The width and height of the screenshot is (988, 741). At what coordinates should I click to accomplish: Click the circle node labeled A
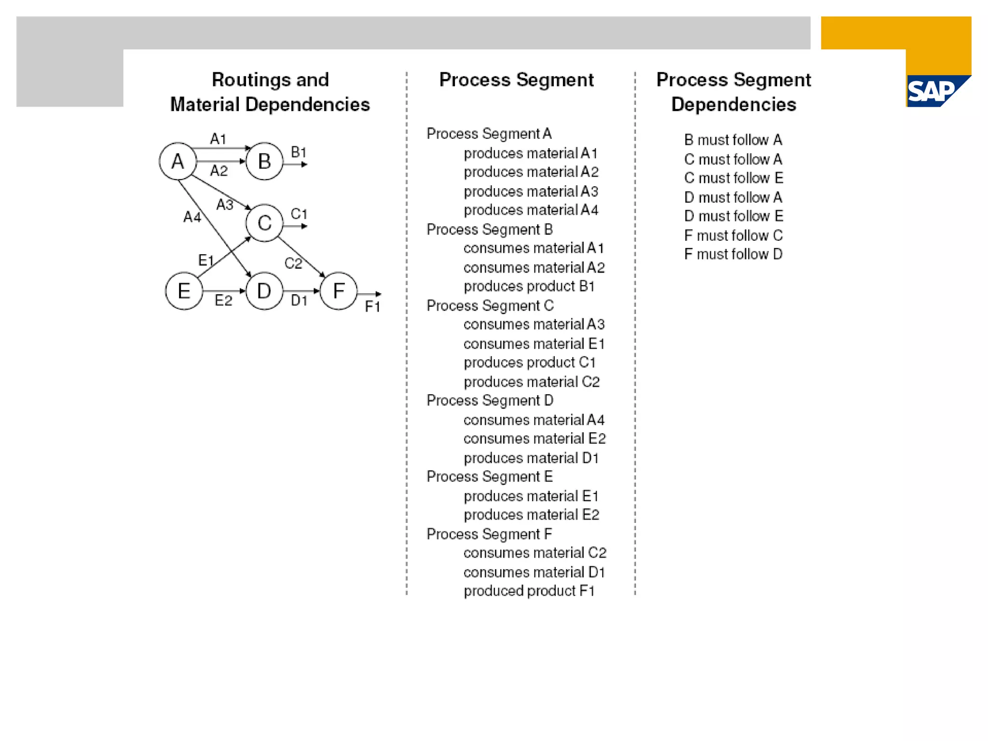click(178, 161)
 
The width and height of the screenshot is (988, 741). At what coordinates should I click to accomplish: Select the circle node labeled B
click(264, 161)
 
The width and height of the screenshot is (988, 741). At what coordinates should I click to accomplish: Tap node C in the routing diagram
click(264, 223)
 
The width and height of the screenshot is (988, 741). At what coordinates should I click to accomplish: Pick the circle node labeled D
click(264, 291)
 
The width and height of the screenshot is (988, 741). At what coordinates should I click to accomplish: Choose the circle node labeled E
click(184, 291)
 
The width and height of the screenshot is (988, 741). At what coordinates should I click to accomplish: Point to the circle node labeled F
click(339, 291)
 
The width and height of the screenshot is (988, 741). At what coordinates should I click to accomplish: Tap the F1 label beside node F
click(372, 307)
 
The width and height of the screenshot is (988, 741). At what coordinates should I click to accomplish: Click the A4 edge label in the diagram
click(192, 217)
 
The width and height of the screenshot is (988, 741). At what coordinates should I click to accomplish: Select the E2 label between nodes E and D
click(223, 301)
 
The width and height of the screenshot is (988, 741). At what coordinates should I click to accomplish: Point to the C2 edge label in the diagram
click(293, 263)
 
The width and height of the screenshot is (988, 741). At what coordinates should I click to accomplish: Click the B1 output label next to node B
click(299, 152)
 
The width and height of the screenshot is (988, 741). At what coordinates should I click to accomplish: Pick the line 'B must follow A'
click(733, 140)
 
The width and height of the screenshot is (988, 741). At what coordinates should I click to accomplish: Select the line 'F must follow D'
click(733, 254)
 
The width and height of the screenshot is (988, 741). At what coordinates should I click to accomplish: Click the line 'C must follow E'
click(733, 178)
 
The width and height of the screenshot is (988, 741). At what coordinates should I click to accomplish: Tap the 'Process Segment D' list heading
click(490, 400)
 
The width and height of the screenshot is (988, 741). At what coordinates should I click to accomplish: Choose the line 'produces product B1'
click(529, 286)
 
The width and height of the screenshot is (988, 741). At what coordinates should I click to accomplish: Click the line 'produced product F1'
click(529, 591)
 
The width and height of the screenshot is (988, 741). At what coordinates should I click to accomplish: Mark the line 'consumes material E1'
click(534, 343)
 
